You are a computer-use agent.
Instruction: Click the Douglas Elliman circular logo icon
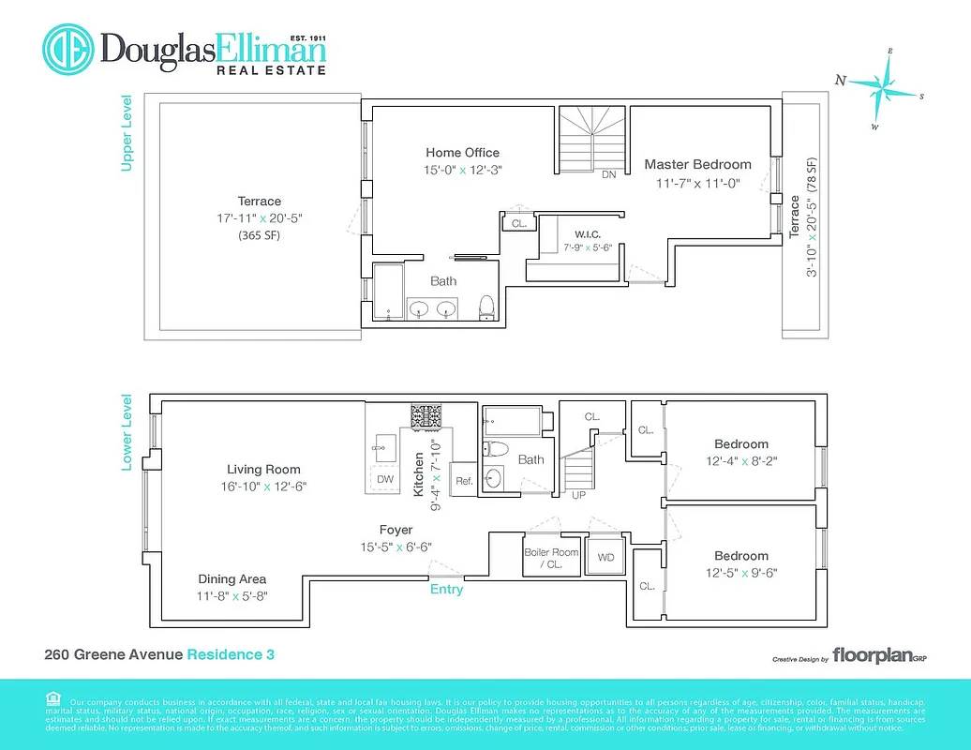(x=68, y=50)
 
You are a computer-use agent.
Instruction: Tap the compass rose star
(x=883, y=85)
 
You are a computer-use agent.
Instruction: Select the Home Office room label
(x=462, y=153)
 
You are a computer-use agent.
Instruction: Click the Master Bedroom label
(x=697, y=165)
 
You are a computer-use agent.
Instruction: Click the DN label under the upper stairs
(x=609, y=174)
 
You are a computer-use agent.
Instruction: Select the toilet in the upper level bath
(x=486, y=307)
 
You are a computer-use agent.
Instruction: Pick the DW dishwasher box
(x=385, y=479)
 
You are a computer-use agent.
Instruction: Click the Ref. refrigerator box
(x=464, y=480)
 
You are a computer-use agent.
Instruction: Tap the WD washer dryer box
(x=605, y=558)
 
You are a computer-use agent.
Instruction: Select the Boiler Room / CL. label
(x=551, y=558)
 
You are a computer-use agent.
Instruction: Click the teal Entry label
(x=446, y=590)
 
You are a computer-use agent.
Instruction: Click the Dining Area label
(x=232, y=578)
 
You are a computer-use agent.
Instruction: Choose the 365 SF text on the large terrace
(x=259, y=235)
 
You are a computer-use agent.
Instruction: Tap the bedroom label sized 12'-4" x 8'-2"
(x=740, y=444)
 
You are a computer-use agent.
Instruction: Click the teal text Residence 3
(x=231, y=654)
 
